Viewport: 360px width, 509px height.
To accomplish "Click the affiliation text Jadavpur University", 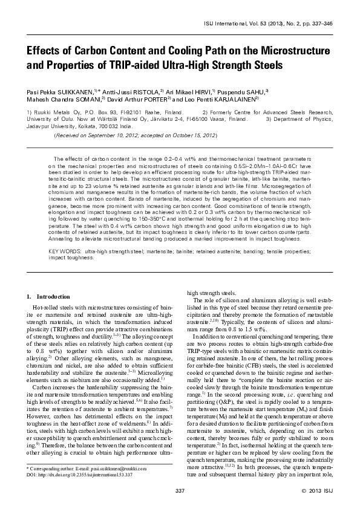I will click(50, 127).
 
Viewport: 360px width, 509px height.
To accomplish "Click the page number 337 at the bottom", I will click(179, 489).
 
